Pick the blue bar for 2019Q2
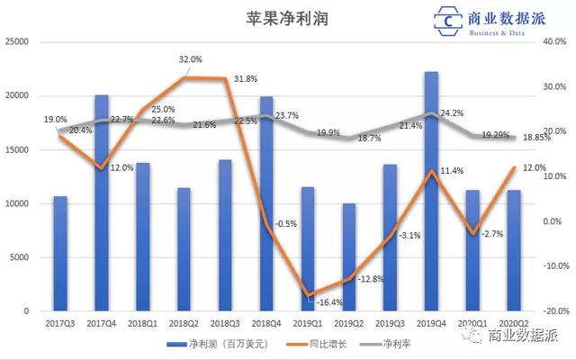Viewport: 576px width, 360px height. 349,256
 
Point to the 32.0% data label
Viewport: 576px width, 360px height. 190,59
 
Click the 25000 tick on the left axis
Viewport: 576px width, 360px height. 18,41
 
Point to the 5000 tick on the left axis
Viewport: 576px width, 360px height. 21,257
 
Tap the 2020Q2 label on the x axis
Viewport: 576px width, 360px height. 513,321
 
